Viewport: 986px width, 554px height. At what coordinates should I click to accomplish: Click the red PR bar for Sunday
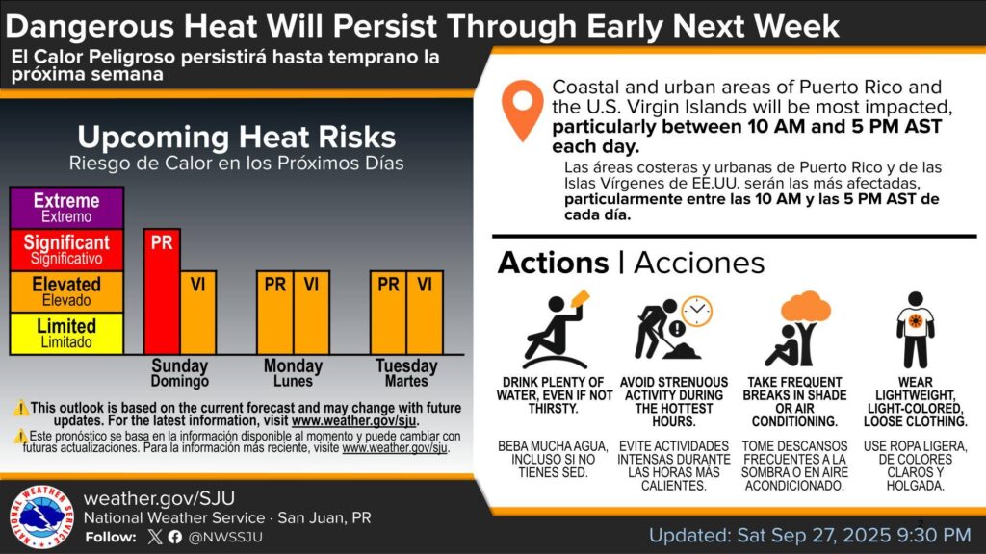point(162,291)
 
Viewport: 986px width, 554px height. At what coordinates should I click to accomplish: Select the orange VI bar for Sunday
point(198,313)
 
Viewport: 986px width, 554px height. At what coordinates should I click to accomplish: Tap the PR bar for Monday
point(274,313)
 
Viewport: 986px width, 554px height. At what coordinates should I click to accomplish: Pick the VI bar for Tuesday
point(425,313)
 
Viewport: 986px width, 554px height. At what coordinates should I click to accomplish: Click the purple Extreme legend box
point(66,208)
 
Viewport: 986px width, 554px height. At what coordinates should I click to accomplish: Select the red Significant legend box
point(66,250)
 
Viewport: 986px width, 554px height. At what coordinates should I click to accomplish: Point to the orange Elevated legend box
point(66,291)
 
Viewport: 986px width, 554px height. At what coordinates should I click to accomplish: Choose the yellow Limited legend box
point(66,334)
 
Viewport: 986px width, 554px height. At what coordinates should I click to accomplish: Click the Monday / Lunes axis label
point(293,373)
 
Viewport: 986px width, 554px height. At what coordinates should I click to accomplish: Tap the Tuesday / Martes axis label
point(406,373)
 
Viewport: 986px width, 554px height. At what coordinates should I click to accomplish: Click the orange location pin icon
point(522,110)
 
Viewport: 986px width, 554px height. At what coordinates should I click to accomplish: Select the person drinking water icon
point(556,329)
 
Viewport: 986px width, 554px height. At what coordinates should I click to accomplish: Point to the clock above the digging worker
point(697,311)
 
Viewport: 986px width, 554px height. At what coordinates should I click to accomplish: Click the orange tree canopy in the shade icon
point(806,307)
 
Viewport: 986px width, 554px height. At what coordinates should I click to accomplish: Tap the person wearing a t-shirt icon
point(916,329)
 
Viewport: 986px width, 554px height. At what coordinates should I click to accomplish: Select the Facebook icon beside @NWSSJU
point(175,537)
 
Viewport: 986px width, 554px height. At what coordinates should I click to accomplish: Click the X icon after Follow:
point(155,537)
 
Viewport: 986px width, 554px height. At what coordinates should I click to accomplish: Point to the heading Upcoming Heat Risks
point(237,137)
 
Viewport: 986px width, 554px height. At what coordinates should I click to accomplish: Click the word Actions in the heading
point(554,263)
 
